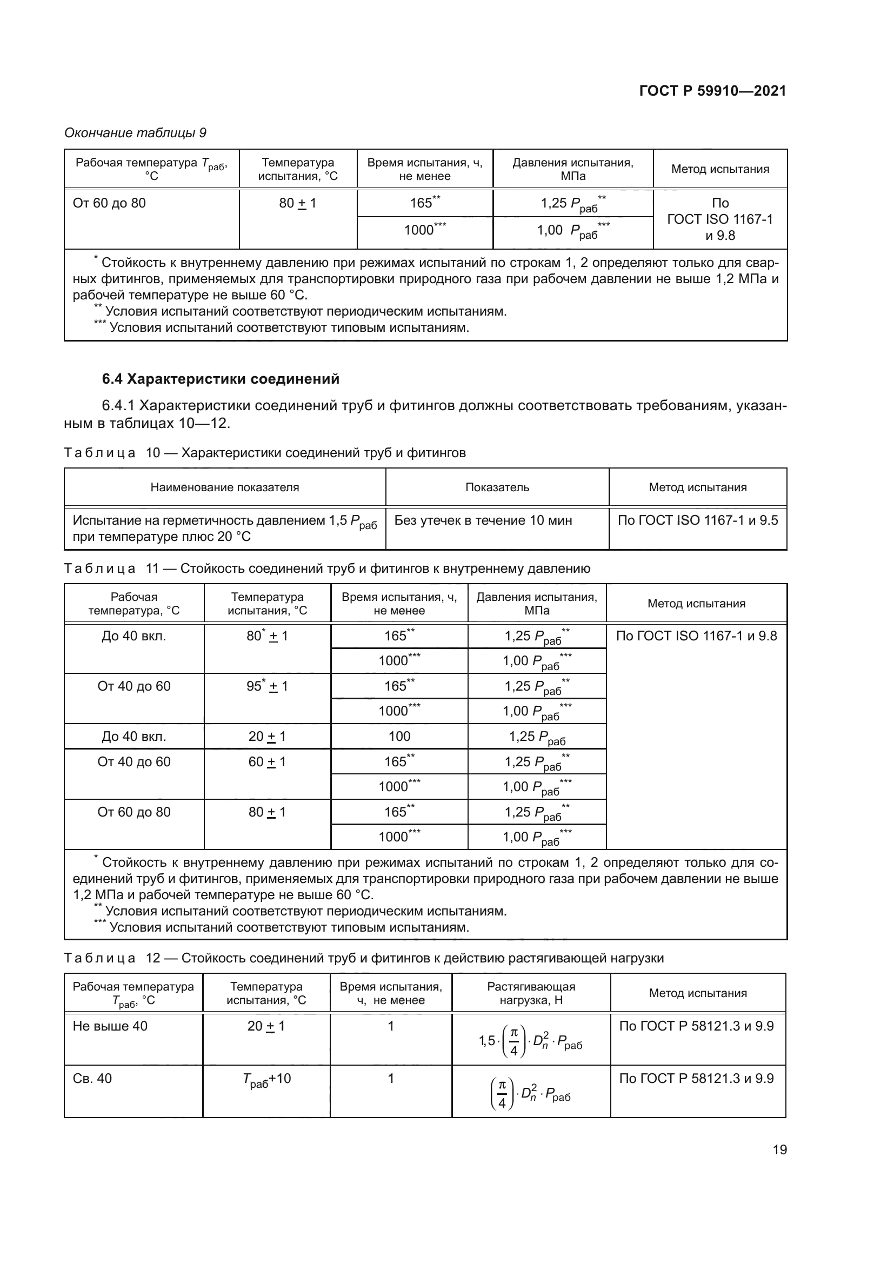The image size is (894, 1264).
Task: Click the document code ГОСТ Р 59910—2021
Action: click(x=712, y=91)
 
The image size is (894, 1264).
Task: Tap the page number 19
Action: click(x=779, y=1150)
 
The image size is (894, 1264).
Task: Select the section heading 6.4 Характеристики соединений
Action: click(x=220, y=379)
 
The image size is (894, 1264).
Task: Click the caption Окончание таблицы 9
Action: click(x=135, y=133)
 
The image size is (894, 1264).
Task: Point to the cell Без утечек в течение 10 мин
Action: click(x=483, y=520)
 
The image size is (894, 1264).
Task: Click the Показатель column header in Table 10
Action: click(x=497, y=487)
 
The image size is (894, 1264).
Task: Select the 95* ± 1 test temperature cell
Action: click(x=267, y=686)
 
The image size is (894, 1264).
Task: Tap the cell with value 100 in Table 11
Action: click(x=399, y=736)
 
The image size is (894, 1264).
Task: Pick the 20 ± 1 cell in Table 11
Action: click(x=267, y=736)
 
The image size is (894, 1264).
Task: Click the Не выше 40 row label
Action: click(x=110, y=1026)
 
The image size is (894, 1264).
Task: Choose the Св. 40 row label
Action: click(x=92, y=1078)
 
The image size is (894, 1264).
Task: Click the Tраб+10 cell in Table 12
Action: click(x=266, y=1079)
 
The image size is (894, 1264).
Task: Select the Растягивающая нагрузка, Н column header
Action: click(x=531, y=993)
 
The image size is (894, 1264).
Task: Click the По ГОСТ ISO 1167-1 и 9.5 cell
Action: click(x=697, y=520)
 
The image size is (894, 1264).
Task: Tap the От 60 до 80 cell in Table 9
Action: click(x=109, y=203)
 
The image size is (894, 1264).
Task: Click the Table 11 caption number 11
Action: click(x=152, y=568)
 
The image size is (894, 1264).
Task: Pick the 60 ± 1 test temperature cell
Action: click(x=267, y=761)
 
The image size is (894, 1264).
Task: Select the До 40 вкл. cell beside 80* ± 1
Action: click(x=134, y=636)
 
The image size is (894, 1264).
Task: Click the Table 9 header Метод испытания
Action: click(x=719, y=169)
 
